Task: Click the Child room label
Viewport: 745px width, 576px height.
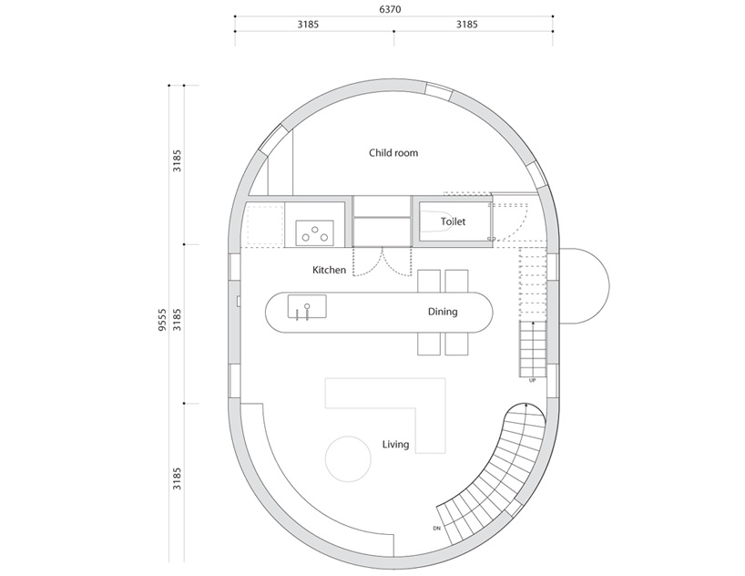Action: [x=393, y=153]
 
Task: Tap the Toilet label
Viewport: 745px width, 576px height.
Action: [x=453, y=221]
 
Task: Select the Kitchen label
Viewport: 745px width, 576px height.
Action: [x=329, y=270]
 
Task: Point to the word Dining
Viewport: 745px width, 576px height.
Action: [x=443, y=312]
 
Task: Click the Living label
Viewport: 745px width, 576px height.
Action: [x=395, y=444]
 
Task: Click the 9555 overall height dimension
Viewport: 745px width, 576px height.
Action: [x=162, y=320]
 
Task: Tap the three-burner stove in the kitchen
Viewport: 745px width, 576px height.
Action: [x=314, y=232]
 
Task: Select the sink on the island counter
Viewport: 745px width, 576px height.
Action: [x=307, y=307]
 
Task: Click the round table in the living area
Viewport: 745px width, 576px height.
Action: [x=348, y=458]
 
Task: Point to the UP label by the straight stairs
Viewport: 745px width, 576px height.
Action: [x=532, y=381]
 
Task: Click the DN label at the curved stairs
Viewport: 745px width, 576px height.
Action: [x=436, y=529]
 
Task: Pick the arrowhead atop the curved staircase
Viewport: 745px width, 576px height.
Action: [x=526, y=406]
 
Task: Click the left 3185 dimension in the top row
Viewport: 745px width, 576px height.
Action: [x=308, y=25]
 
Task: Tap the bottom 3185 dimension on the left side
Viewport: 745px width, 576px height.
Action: [x=177, y=478]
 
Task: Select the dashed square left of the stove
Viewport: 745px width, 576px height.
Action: [x=265, y=225]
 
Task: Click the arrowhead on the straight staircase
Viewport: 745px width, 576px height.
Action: [x=533, y=324]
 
